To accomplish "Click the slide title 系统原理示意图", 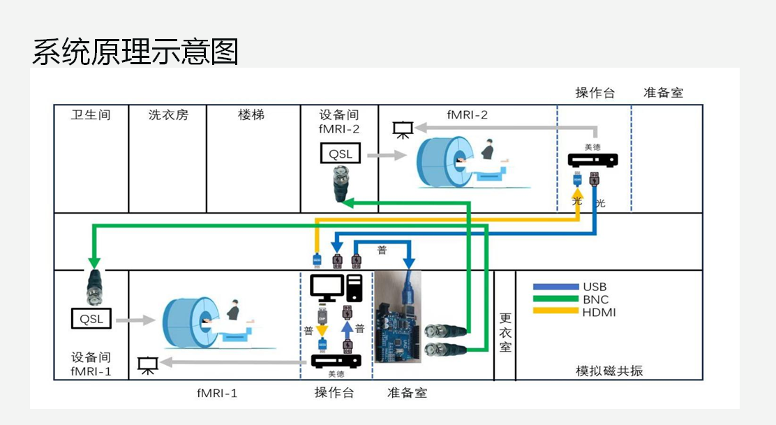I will point(135,52).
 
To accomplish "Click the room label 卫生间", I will point(91,114).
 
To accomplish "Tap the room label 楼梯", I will point(251,114).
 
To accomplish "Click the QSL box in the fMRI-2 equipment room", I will point(341,154).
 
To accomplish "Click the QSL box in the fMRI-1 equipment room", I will point(91,318).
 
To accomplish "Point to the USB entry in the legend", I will point(595,287).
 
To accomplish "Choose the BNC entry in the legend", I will point(595,299).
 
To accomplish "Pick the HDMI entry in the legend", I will point(598,312).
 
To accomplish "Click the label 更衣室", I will point(505,331).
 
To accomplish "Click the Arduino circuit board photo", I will point(400,318).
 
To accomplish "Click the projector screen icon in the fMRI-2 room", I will point(403,130).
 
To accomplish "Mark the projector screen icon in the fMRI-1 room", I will point(147,364).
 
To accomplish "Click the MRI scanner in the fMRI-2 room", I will point(447,163).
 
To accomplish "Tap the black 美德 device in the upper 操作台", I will point(592,161).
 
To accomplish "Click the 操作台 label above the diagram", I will point(595,93).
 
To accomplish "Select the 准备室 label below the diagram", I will point(407,393).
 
